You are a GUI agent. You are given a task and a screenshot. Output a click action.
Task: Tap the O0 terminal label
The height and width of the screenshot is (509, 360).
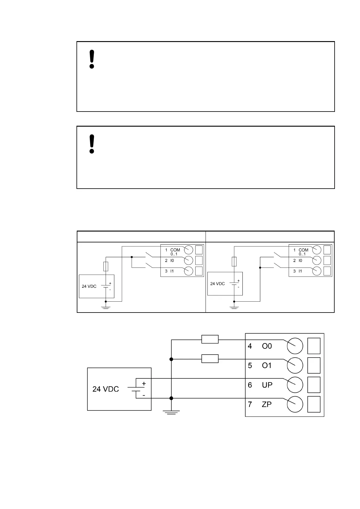[x=267, y=346]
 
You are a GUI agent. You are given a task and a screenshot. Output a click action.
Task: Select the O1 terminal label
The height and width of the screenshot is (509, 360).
[x=267, y=366]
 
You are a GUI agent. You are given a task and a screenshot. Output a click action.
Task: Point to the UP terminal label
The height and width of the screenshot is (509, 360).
[x=267, y=385]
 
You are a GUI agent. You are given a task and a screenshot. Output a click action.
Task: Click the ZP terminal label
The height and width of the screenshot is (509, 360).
[x=267, y=404]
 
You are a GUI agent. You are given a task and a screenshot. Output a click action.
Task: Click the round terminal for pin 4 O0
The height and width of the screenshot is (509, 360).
[x=295, y=346]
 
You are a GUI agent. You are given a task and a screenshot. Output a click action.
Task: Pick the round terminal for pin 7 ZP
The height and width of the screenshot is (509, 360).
[x=295, y=404]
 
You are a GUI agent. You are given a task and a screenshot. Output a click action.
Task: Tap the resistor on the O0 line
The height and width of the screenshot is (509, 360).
[x=210, y=339]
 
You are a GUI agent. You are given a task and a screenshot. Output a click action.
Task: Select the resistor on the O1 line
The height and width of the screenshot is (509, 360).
[x=210, y=359]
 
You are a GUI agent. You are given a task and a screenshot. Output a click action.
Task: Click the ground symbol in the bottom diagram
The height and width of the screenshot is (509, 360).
[x=171, y=412]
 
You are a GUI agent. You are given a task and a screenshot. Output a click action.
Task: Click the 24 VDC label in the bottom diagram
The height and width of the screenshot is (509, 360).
[x=105, y=389]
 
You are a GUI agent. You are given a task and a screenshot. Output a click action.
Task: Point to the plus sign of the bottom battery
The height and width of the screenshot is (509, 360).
[x=144, y=384]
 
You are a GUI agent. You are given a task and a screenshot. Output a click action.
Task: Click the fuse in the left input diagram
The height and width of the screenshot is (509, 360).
[x=105, y=266]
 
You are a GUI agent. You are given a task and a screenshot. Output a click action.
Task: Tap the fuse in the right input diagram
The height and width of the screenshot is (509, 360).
[x=234, y=262]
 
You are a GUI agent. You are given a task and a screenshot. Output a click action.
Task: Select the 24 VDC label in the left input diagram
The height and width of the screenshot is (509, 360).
[x=89, y=287]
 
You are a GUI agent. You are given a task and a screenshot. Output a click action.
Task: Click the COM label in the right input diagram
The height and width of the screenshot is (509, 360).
[x=303, y=250]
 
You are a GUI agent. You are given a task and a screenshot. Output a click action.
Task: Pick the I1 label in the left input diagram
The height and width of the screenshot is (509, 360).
[x=172, y=271]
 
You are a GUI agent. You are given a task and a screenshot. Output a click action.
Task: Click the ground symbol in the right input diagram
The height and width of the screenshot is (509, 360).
[x=234, y=308]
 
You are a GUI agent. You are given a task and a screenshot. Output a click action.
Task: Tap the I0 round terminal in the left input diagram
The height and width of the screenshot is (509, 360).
[x=188, y=260]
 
